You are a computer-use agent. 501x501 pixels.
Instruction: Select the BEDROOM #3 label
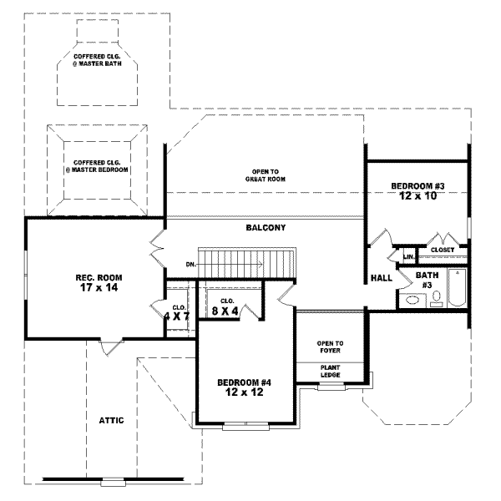(x=416, y=185)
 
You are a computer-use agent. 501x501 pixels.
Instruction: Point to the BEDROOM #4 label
(x=245, y=382)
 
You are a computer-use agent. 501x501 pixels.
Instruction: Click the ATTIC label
(x=111, y=420)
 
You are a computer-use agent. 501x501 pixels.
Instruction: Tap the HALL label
(x=381, y=278)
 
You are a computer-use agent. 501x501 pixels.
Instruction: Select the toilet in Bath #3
(x=436, y=302)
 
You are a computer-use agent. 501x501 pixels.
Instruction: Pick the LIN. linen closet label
(x=409, y=256)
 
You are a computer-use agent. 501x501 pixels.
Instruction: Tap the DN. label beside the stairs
(x=190, y=265)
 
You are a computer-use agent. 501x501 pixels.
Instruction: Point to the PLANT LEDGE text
(x=330, y=371)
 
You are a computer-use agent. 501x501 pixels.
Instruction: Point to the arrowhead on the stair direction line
(x=261, y=265)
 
